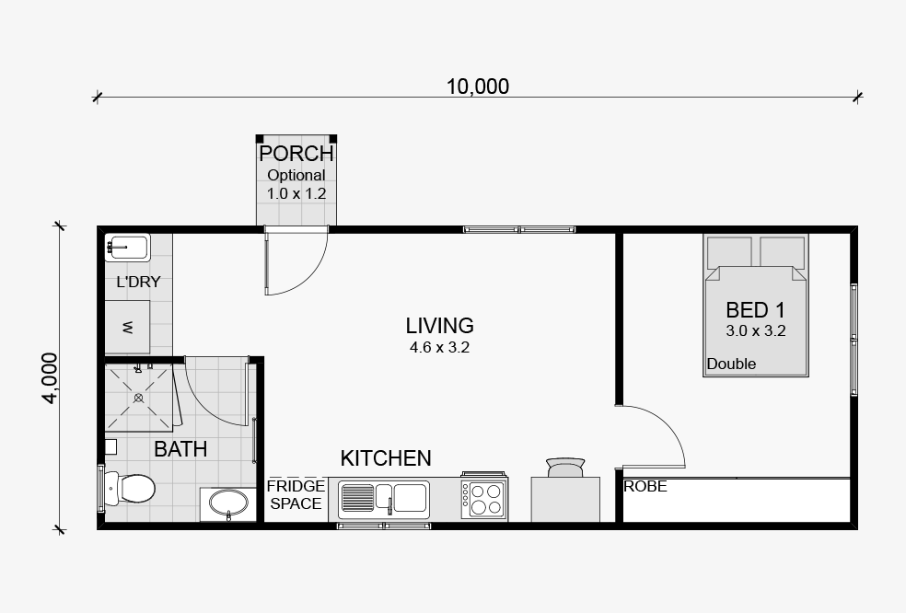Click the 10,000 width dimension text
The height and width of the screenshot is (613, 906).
pyautogui.click(x=478, y=87)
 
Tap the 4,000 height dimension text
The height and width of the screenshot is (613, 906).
pyautogui.click(x=51, y=378)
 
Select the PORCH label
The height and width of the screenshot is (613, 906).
pyautogui.click(x=296, y=154)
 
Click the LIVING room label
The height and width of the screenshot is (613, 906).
pyautogui.click(x=440, y=326)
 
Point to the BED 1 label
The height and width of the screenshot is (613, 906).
pyautogui.click(x=756, y=310)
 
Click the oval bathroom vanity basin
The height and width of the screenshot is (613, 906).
pyautogui.click(x=229, y=503)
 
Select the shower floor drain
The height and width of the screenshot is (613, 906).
pyautogui.click(x=139, y=398)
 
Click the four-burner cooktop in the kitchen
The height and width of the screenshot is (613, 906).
pyautogui.click(x=484, y=498)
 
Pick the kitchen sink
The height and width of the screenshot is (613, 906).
pyautogui.click(x=384, y=498)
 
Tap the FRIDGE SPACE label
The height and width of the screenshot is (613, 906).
pyautogui.click(x=296, y=494)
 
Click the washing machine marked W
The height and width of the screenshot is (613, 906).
pyautogui.click(x=128, y=327)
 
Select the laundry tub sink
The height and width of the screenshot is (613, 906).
pyautogui.click(x=128, y=248)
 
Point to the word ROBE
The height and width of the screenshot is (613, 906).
pyautogui.click(x=645, y=487)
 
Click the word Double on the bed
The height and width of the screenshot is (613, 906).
pyautogui.click(x=731, y=364)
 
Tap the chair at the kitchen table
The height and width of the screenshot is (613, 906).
pyautogui.click(x=565, y=468)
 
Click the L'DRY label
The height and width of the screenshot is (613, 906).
pyautogui.click(x=139, y=282)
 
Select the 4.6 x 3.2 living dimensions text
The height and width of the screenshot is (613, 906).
pyautogui.click(x=440, y=348)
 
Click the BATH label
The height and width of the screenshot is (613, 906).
pyautogui.click(x=180, y=449)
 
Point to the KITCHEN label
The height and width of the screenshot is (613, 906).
pyautogui.click(x=386, y=458)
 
